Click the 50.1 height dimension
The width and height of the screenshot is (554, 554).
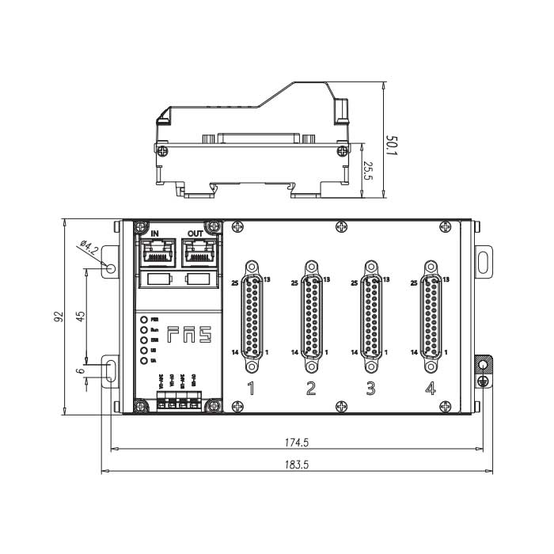[391, 146]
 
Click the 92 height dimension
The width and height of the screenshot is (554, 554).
[58, 317]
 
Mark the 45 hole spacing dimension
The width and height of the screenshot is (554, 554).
[80, 317]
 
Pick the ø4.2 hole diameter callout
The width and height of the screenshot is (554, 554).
[89, 252]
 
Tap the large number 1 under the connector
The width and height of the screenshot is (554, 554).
[252, 388]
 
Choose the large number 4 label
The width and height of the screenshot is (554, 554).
[430, 388]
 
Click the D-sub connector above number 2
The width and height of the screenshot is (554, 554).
[311, 317]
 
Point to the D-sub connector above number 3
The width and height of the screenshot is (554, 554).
[370, 317]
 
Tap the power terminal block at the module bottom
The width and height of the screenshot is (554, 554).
[175, 402]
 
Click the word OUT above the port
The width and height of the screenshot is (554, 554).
[195, 233]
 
